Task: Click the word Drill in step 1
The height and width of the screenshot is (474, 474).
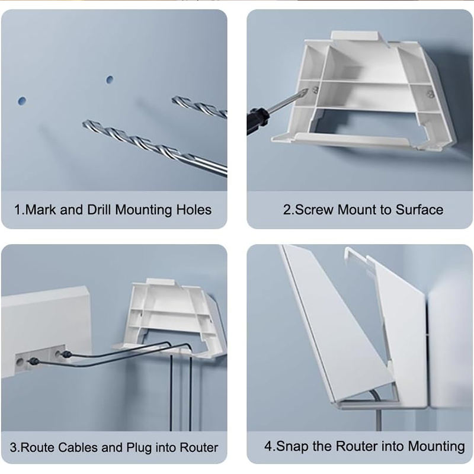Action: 98,210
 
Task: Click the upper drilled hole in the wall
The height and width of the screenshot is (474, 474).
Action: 110,79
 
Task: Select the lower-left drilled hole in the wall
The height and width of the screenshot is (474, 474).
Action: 22,101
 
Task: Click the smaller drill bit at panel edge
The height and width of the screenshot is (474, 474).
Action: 200,106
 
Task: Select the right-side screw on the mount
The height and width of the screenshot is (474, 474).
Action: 429,94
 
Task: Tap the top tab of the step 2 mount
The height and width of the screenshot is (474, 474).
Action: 355,35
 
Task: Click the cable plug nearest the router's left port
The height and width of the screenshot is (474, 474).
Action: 33,361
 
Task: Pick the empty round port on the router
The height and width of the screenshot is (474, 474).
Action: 21,361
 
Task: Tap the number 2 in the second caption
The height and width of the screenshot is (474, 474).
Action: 286,210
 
